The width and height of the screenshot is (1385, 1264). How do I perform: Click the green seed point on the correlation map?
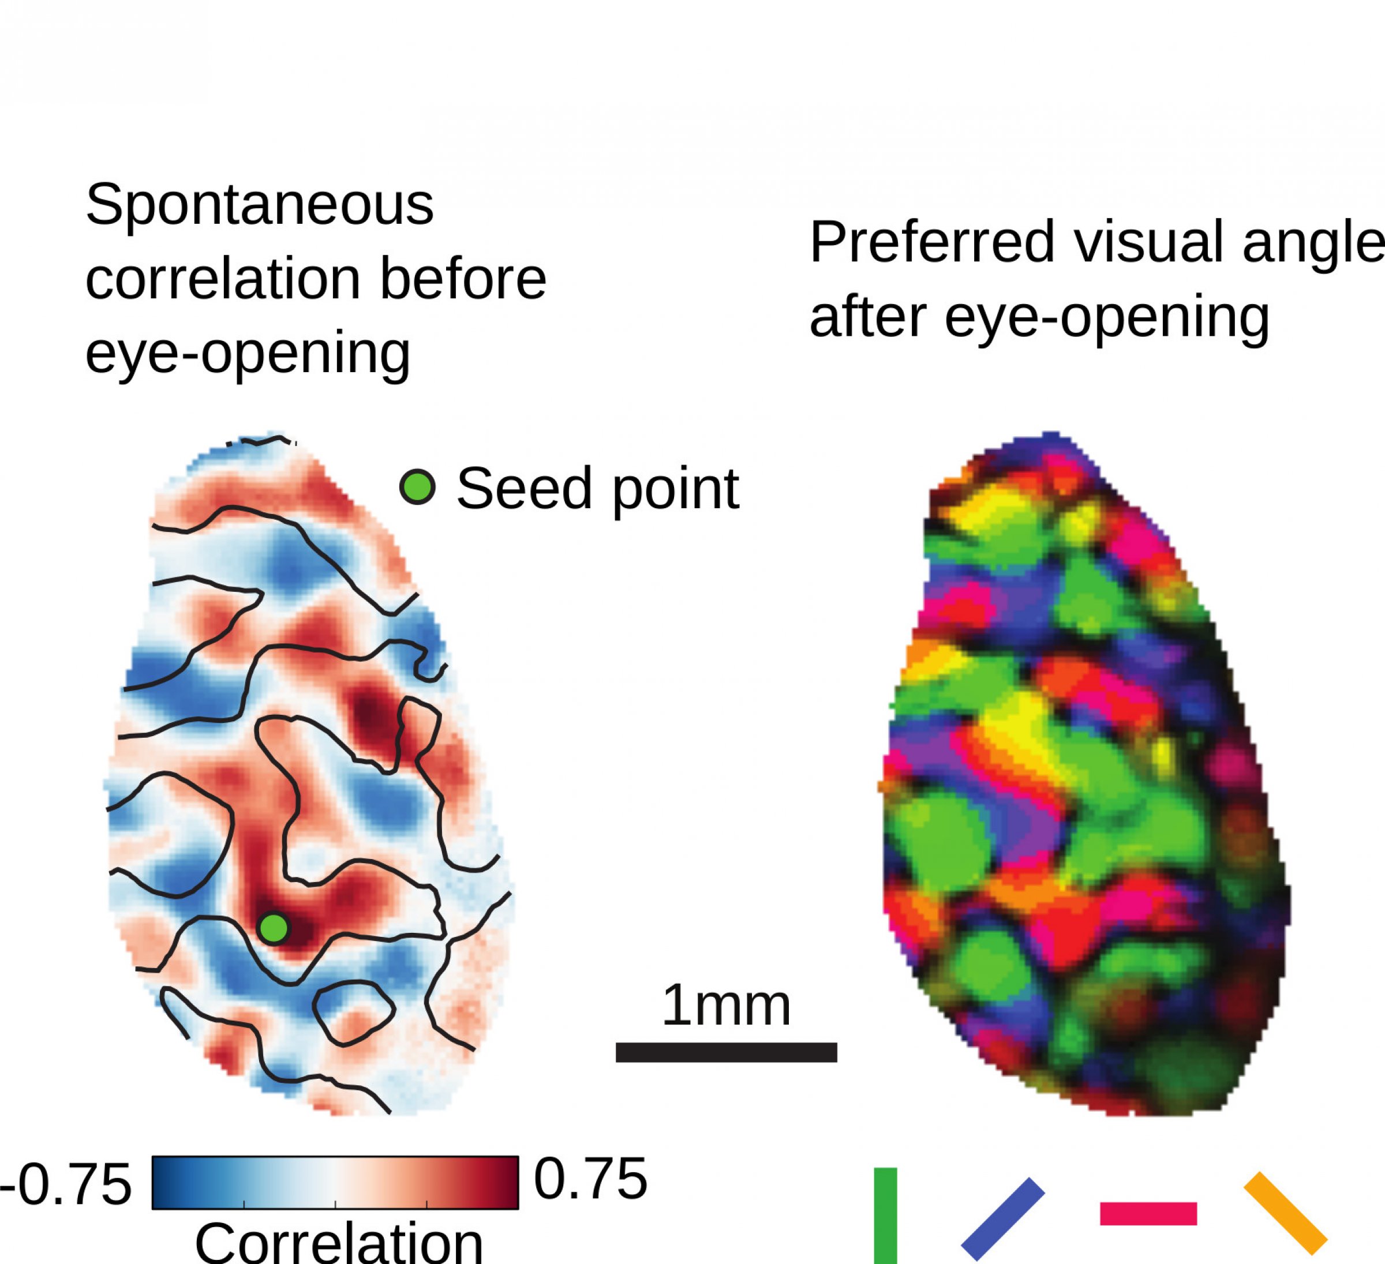point(274,928)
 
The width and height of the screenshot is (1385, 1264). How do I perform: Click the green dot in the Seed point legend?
point(418,487)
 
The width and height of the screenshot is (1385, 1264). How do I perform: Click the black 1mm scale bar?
point(726,1052)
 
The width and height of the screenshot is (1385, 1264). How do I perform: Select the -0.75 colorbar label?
point(65,1184)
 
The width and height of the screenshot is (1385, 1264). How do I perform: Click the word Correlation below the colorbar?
point(339,1242)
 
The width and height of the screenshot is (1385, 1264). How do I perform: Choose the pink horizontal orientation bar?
point(1148,1214)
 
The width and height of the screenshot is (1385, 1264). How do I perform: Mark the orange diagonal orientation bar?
point(1285,1213)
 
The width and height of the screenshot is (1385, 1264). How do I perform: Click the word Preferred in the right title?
point(932,242)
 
